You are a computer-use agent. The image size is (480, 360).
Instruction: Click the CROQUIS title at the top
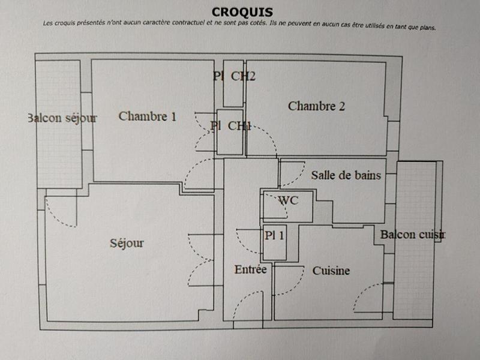click(242, 12)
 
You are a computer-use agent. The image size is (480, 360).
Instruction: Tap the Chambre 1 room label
click(148, 116)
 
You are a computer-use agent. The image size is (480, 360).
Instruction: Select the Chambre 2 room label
click(316, 106)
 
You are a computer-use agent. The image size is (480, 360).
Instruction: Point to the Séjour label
click(127, 243)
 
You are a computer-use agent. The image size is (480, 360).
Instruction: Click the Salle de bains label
click(346, 176)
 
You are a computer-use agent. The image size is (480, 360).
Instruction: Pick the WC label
click(287, 200)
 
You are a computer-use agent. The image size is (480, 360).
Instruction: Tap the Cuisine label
click(331, 271)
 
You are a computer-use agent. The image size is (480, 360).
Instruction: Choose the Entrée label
click(250, 270)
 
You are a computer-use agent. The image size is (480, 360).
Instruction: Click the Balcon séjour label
click(62, 118)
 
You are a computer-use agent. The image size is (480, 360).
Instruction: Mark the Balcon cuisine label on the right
click(412, 235)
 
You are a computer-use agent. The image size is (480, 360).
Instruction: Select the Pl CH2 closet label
click(234, 76)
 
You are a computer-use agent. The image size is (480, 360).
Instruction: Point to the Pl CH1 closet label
click(231, 125)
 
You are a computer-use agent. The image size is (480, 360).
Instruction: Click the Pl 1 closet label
click(275, 235)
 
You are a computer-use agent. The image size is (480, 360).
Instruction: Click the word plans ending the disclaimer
click(423, 27)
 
